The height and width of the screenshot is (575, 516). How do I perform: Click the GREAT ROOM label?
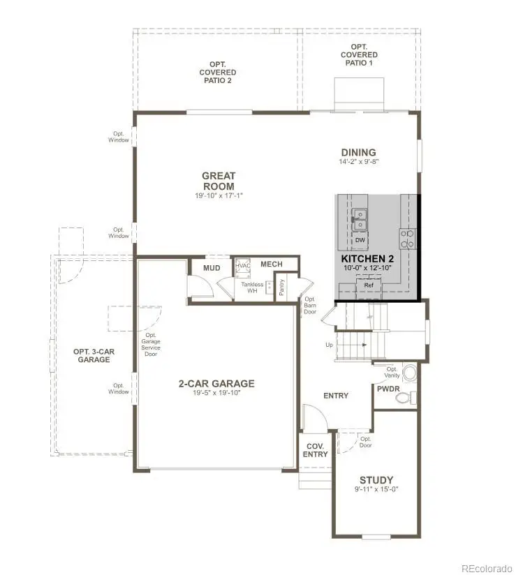point(219,181)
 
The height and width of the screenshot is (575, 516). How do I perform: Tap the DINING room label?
point(358,153)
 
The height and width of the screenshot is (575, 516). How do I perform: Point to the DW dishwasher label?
point(360,241)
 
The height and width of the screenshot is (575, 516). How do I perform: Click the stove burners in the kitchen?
point(407,239)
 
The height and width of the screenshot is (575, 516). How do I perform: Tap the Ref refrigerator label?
point(369,285)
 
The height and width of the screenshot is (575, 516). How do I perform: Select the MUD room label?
point(212,268)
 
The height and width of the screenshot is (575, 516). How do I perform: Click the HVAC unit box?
point(243,266)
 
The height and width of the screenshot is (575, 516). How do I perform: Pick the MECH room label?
point(271,264)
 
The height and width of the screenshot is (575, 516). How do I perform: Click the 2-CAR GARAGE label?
point(216,384)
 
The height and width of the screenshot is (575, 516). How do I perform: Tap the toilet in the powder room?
point(403,398)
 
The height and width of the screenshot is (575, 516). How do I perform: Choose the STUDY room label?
point(376,480)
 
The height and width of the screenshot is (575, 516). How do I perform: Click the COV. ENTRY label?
point(315,450)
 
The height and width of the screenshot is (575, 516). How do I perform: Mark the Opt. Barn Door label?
point(310,305)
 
